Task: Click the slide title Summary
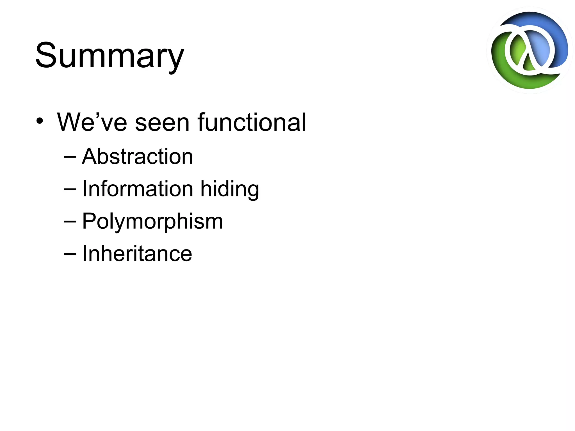click(109, 55)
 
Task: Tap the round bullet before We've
click(40, 121)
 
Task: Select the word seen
click(162, 123)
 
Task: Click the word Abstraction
click(138, 156)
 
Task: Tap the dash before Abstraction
click(70, 157)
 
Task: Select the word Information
click(138, 189)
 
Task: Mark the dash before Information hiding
click(70, 189)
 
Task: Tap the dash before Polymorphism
click(70, 222)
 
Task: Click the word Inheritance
click(137, 253)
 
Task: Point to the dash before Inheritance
click(70, 254)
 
